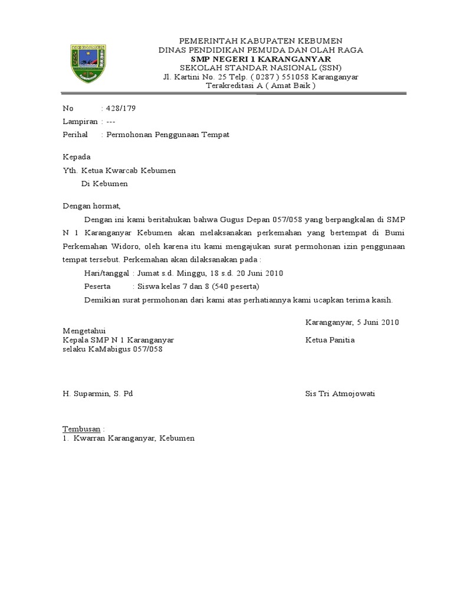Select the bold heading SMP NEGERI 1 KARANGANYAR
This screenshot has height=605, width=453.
coord(261,59)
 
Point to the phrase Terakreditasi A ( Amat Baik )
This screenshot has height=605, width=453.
coord(261,86)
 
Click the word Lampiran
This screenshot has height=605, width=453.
coord(80,122)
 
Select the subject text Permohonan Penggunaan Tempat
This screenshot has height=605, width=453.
coord(167,135)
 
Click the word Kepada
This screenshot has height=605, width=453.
coord(77,157)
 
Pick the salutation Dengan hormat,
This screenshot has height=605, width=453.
coord(91,206)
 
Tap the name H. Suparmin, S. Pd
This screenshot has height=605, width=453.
coord(97,394)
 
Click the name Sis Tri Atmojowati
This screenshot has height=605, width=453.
coord(340,394)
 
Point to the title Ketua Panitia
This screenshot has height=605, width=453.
coord(330,340)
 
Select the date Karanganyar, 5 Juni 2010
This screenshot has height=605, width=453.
coord(352,323)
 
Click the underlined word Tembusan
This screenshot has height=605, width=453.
coord(82,428)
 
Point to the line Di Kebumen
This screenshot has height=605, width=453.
coord(104,184)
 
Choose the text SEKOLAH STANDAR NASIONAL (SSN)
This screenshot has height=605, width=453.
coord(261,68)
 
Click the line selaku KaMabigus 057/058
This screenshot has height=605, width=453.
coord(112,349)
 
